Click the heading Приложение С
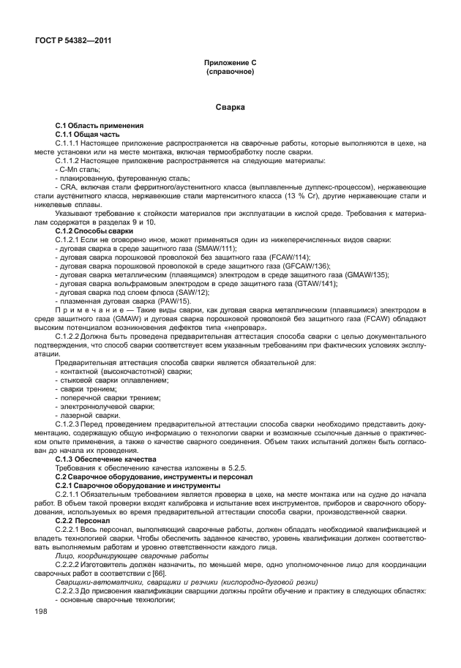point(230,64)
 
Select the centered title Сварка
point(230,108)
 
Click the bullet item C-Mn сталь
point(80,168)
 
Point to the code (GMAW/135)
point(362,274)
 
